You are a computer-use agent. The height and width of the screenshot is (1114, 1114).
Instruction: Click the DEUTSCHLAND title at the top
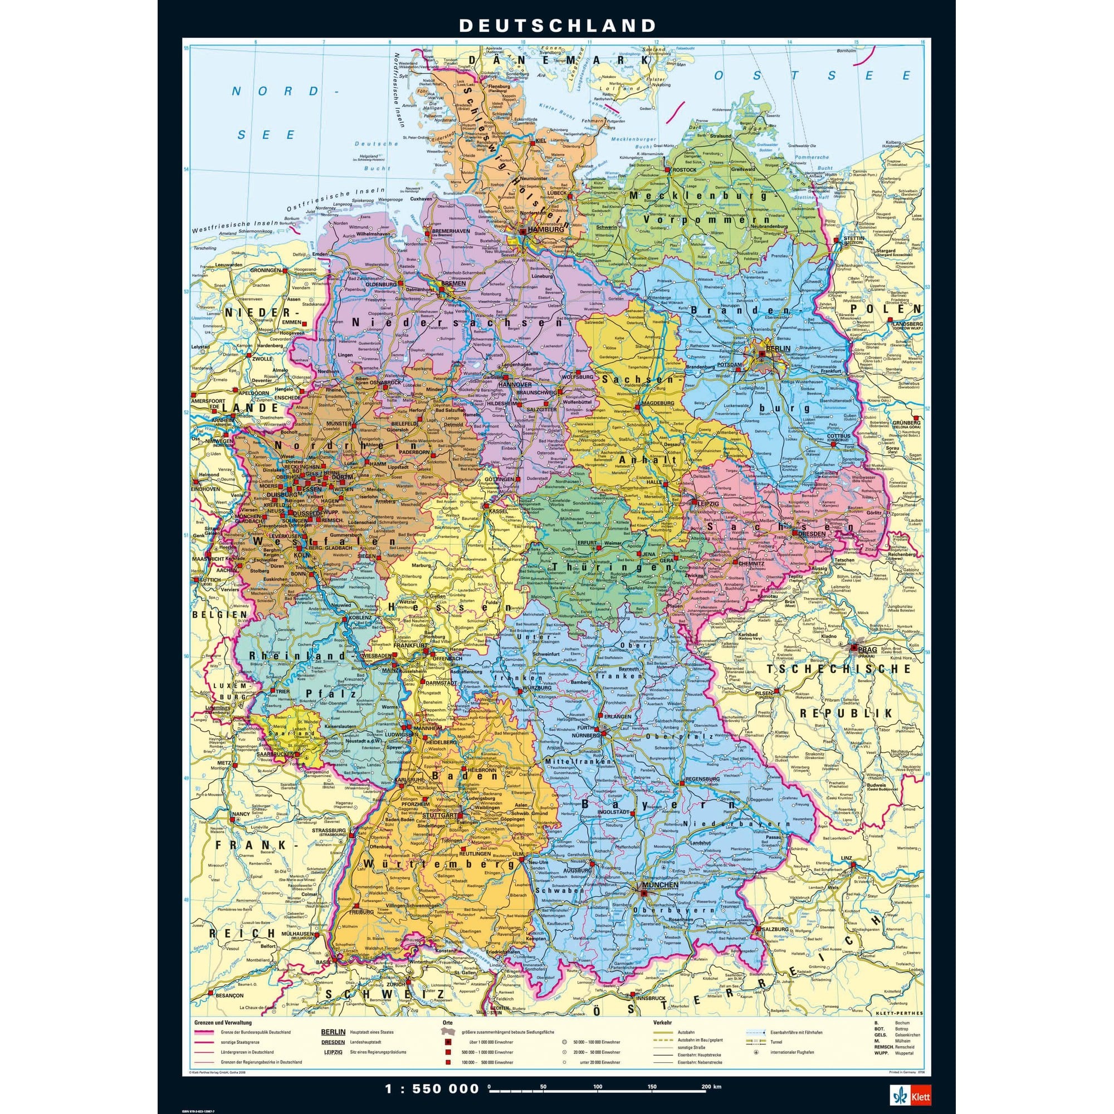tap(557, 25)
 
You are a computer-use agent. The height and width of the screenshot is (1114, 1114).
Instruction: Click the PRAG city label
tap(867, 650)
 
